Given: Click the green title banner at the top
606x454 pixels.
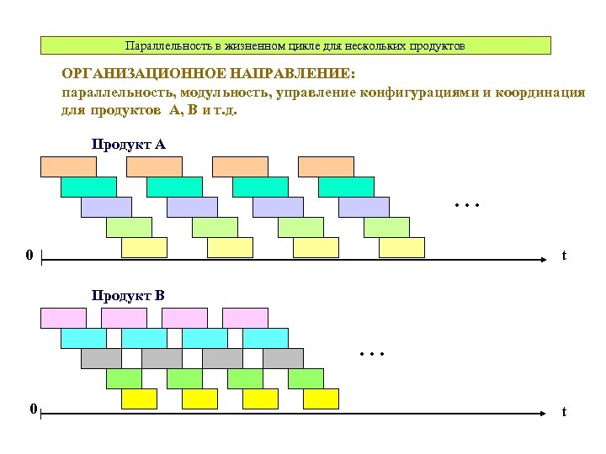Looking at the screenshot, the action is [295, 45].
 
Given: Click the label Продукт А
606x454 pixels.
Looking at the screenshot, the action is [128, 145].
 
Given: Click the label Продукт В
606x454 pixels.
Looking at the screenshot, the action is [128, 295].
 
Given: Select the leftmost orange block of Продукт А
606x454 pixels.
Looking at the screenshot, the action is [68, 166].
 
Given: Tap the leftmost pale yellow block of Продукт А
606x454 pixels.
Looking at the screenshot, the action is [144, 247].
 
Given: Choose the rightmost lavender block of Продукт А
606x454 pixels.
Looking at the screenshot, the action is [364, 207].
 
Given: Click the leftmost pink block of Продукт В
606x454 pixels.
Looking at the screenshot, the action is [63, 318].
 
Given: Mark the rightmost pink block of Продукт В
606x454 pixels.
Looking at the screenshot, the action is [245, 318].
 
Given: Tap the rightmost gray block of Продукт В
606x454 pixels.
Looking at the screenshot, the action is [283, 358].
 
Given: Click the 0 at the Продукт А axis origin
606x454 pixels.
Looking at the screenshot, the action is [29, 255].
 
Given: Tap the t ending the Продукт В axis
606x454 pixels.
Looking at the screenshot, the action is [564, 412].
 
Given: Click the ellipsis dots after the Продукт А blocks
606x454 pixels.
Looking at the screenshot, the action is [465, 204].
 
